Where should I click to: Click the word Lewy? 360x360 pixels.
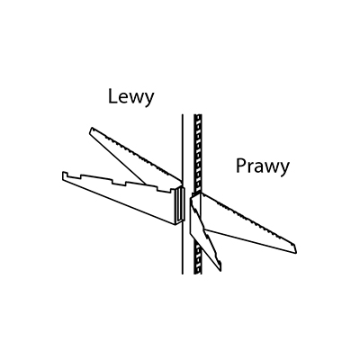click(131, 97)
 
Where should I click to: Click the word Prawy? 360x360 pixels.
click(263, 166)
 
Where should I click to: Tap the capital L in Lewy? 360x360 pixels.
click(112, 96)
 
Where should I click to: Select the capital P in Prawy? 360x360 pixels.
click(240, 166)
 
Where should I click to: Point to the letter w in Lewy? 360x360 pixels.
click(137, 98)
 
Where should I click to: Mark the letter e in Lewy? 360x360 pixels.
click(123, 98)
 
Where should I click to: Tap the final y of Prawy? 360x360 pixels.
click(284, 170)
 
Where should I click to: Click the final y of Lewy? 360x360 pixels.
click(149, 100)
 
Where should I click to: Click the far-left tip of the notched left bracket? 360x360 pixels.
click(63, 176)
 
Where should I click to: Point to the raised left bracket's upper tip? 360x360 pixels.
click(91, 129)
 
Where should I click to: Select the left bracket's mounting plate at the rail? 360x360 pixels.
click(179, 204)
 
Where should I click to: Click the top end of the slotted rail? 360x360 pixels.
click(198, 115)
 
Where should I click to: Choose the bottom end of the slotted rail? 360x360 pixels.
click(198, 273)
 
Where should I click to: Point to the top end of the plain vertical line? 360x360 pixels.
click(183, 114)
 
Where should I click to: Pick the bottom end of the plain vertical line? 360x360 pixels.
click(183, 274)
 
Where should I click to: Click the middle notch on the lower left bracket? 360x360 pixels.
click(119, 183)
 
